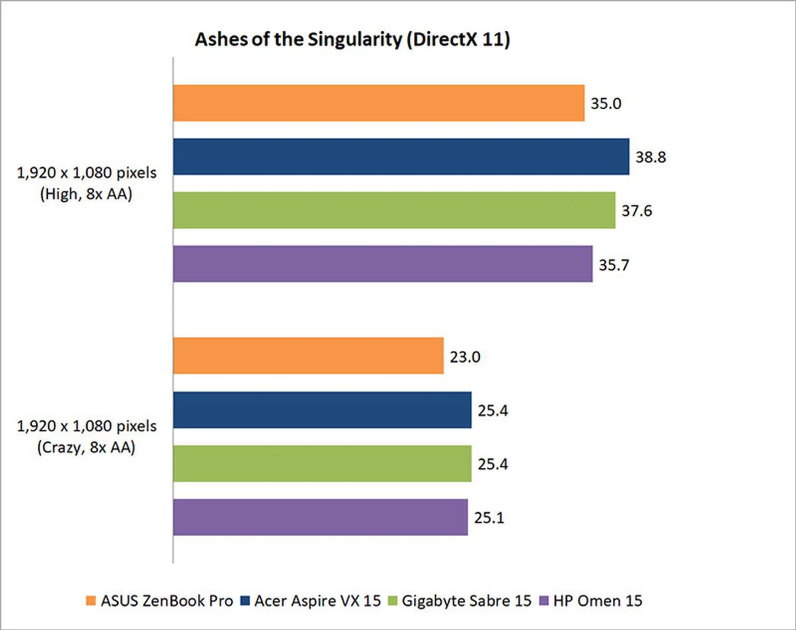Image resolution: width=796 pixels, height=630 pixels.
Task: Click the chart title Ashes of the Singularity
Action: [352, 40]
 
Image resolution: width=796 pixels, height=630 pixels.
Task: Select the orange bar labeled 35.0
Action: [379, 103]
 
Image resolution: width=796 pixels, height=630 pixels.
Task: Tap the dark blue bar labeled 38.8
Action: [401, 157]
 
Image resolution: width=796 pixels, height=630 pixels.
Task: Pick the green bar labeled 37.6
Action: [394, 210]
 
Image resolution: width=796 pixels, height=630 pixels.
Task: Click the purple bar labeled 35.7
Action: [383, 264]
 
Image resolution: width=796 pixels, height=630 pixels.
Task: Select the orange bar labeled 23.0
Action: [308, 356]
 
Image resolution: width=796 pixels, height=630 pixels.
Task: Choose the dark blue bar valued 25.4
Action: [322, 410]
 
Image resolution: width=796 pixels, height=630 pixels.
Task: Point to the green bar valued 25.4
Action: [322, 464]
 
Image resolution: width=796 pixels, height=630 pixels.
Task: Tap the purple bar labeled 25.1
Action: [320, 517]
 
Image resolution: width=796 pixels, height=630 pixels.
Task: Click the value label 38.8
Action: [650, 157]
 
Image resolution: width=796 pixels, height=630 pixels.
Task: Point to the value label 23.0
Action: [465, 357]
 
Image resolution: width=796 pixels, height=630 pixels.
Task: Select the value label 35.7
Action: [614, 265]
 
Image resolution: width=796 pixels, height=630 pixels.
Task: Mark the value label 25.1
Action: [489, 518]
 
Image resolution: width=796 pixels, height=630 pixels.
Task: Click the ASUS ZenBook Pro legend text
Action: [167, 601]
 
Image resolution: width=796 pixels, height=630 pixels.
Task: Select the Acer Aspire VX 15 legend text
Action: [317, 601]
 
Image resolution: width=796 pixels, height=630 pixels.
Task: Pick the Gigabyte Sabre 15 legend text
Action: [466, 601]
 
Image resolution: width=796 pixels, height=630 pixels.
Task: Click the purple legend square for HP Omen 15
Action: [544, 601]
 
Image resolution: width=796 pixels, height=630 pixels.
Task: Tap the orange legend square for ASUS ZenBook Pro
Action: [91, 601]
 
